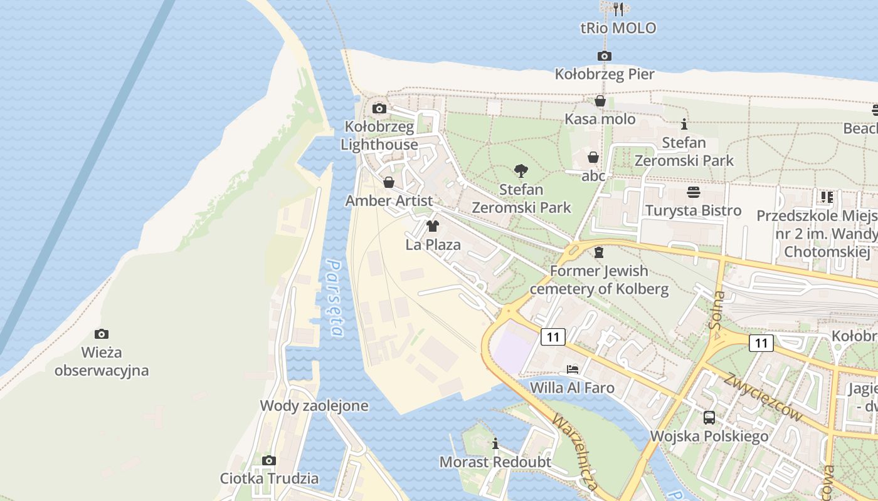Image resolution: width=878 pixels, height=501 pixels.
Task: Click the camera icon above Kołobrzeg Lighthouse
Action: coord(379,109)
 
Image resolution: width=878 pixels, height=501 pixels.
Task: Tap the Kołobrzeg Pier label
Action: coord(605,75)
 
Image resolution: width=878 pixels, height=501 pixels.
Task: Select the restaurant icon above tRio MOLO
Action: coord(618,9)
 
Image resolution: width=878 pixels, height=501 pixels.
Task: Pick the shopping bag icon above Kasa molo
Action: coord(600,101)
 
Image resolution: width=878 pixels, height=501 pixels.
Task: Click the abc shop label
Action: coord(593,176)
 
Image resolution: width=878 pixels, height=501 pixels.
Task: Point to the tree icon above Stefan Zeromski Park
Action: coord(521,170)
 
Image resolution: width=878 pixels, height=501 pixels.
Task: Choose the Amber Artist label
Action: coord(389,201)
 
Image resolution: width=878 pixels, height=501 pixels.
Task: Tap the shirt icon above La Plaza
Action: coord(433,226)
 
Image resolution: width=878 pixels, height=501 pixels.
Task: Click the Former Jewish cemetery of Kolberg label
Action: coord(599,280)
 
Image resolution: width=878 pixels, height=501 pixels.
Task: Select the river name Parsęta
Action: coord(336,298)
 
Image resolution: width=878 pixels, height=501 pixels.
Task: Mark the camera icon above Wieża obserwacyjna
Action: coord(101,334)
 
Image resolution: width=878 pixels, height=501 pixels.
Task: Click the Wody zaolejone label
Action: coord(314,406)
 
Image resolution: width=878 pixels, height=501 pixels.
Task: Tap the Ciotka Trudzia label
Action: coord(269,478)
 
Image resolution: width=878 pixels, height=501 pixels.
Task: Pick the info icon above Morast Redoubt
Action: coord(495,444)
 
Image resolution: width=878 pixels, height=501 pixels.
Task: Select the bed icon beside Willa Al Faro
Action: coord(573,369)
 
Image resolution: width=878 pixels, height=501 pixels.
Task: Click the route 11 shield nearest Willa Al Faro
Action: coord(553,337)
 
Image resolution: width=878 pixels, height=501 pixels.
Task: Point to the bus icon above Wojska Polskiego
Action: coord(709,417)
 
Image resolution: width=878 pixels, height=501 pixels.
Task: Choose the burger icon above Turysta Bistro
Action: coord(693,192)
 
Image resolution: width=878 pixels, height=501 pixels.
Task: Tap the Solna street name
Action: coord(717,309)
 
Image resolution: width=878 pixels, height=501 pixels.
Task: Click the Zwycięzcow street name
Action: coord(763,396)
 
